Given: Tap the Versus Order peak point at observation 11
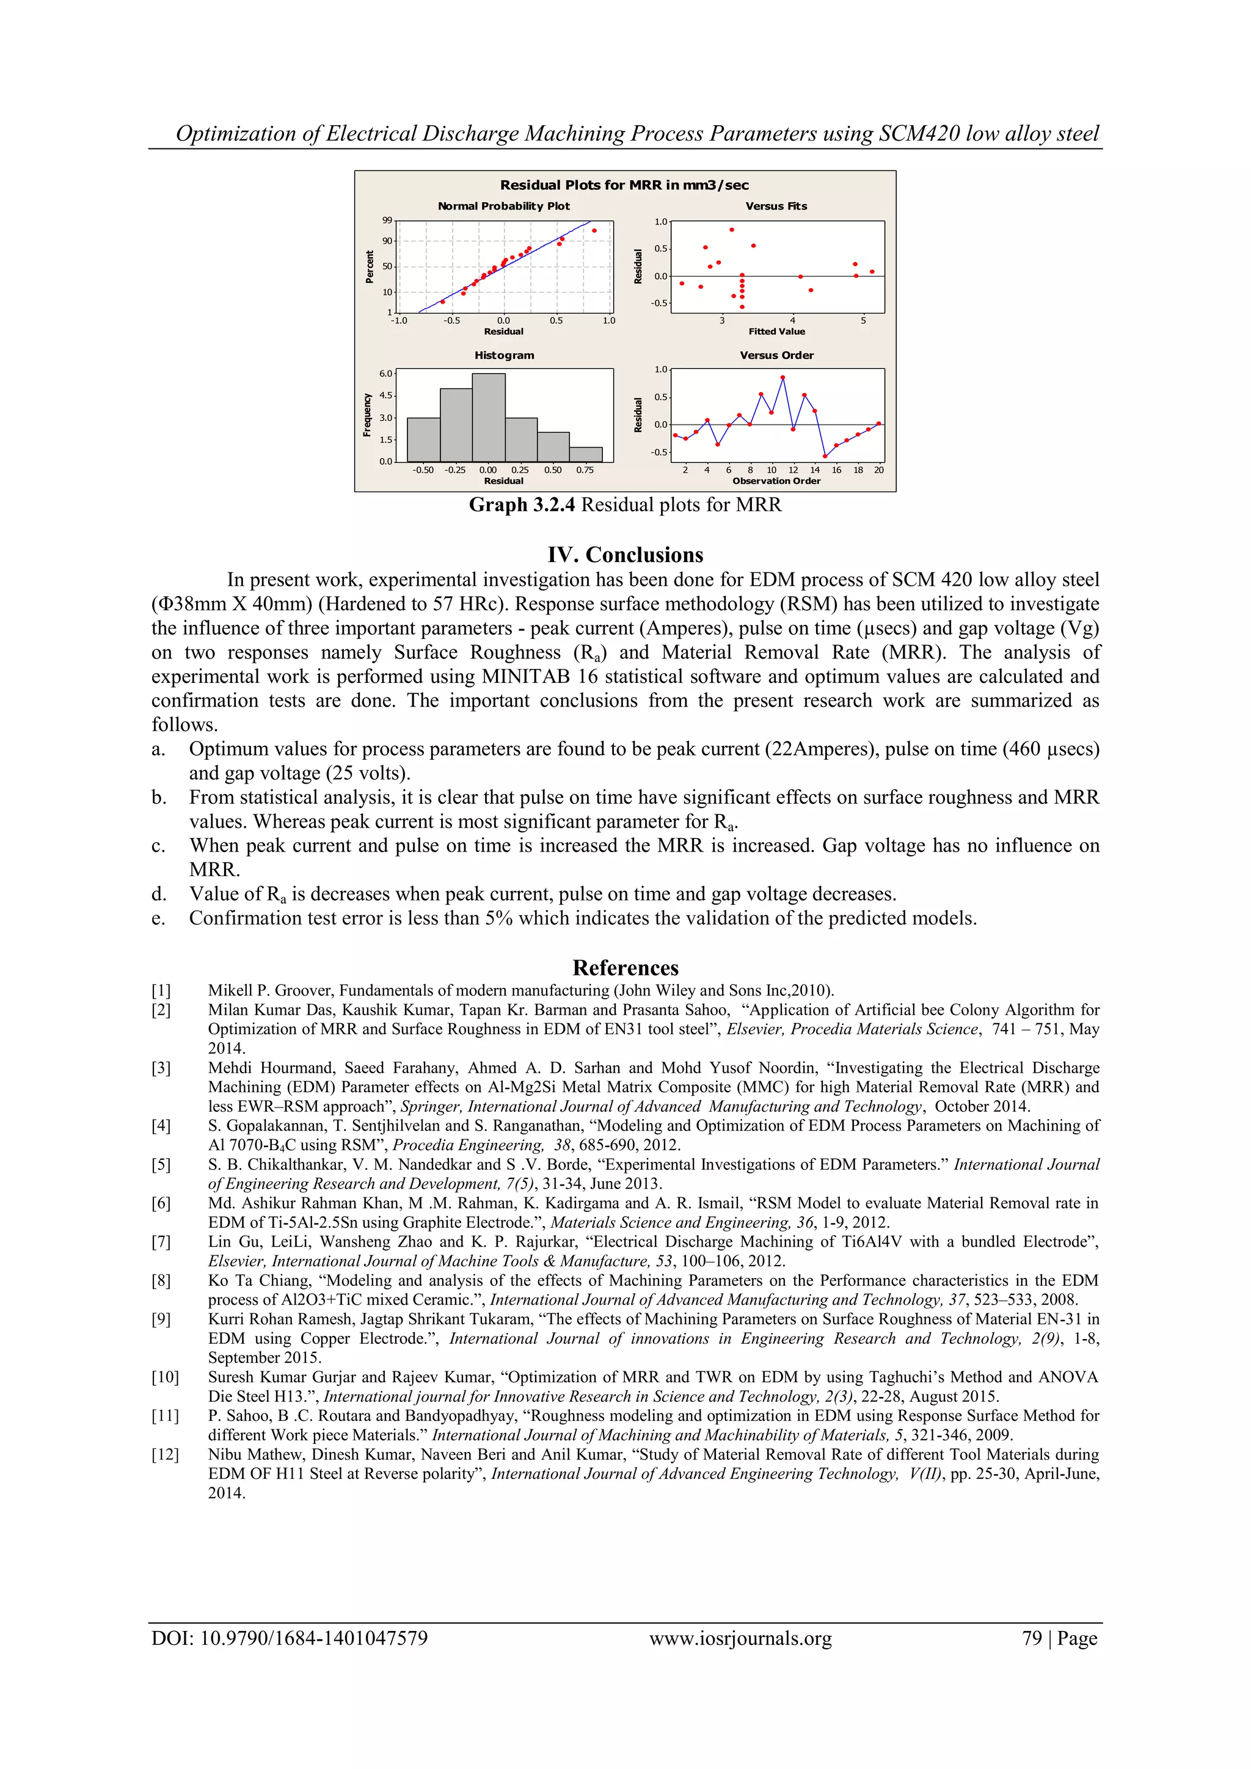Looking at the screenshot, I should (x=782, y=378).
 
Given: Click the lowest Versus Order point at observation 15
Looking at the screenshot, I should (x=825, y=456).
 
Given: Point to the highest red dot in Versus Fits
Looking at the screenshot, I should (x=732, y=230).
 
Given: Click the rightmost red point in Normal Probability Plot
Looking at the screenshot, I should (x=594, y=230).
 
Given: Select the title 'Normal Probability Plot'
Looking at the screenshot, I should (x=504, y=206).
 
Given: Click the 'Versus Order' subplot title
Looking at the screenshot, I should (x=776, y=355).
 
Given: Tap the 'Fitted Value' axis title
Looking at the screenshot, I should (x=776, y=331).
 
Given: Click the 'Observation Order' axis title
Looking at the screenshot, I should (x=776, y=481).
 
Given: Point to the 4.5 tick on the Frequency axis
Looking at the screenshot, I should (x=385, y=395).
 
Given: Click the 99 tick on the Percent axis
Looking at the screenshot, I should (x=387, y=221).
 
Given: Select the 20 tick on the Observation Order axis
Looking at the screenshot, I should (x=879, y=469).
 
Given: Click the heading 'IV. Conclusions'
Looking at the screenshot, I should (x=625, y=555).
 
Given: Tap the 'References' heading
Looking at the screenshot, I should (x=625, y=968).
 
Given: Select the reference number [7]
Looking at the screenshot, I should (x=161, y=1241).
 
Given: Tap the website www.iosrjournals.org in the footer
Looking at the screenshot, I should (x=740, y=1638).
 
